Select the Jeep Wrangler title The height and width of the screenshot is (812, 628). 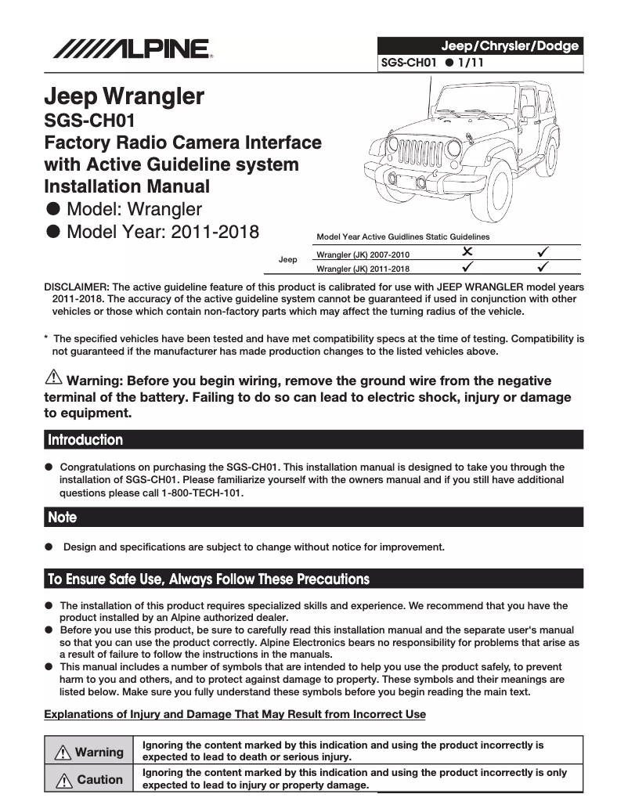point(124,96)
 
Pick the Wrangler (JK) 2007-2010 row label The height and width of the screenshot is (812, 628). point(362,254)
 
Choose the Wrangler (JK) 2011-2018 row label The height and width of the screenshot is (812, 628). point(362,269)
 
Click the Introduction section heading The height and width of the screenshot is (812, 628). point(85,440)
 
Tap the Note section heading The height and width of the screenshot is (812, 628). point(63,518)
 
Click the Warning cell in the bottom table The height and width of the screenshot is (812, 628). point(90,752)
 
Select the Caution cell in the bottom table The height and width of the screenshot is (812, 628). point(90,780)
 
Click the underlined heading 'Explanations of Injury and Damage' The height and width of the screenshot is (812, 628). point(235,714)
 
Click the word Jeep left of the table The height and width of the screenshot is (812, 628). point(287,259)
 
